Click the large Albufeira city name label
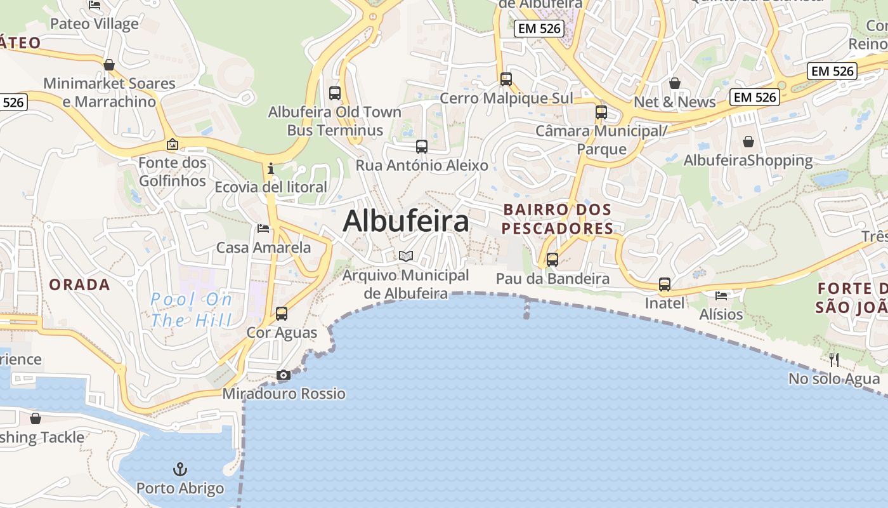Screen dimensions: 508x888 (x=406, y=221)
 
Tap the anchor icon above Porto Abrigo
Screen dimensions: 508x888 (x=180, y=470)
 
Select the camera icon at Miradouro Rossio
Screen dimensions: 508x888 (x=284, y=375)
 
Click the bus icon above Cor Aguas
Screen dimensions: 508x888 (x=281, y=313)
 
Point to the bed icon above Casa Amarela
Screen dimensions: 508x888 (x=263, y=229)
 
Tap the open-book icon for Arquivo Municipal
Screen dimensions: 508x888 (x=406, y=256)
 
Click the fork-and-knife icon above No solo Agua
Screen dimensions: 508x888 (x=834, y=360)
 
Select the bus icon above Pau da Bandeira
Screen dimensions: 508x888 (x=552, y=259)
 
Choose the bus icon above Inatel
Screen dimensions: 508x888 (x=665, y=284)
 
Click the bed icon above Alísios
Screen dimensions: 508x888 (x=721, y=295)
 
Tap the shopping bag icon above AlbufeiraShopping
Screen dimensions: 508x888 (x=748, y=141)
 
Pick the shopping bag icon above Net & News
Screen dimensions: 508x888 (x=675, y=83)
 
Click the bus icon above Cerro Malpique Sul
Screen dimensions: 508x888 (x=506, y=79)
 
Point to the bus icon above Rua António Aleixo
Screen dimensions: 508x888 (x=422, y=147)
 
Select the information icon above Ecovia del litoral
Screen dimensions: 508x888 (x=271, y=168)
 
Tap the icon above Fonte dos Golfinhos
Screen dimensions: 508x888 (x=172, y=144)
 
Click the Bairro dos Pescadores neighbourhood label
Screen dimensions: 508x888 (x=558, y=218)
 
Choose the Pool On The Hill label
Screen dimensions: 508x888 (x=192, y=309)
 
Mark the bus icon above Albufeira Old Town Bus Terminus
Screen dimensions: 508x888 (x=335, y=93)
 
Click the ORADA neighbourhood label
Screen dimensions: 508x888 (x=80, y=284)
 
